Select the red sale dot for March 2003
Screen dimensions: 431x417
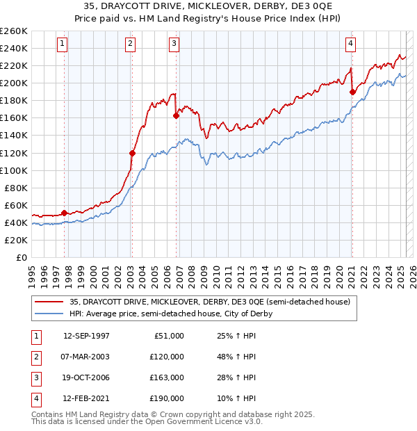pos(132,153)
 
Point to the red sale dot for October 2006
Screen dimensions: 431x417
pos(176,115)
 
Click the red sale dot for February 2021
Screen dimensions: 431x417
pos(352,92)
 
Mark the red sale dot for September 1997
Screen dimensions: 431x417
pos(65,213)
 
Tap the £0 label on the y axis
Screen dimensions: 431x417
pos(21,257)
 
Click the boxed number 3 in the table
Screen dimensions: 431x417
pos(35,377)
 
